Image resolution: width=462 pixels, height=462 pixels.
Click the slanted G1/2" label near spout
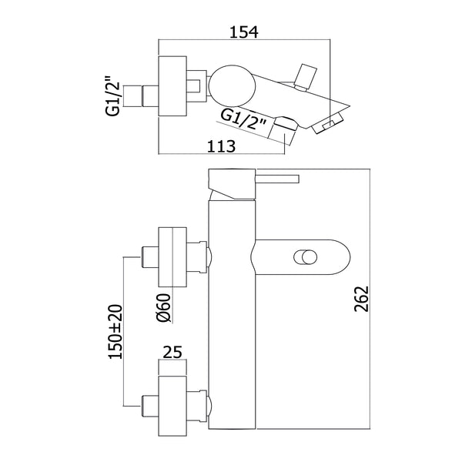[244, 117]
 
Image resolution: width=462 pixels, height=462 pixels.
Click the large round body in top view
[229, 84]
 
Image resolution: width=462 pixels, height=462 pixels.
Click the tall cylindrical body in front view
[230, 323]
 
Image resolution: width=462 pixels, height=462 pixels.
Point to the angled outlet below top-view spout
[286, 126]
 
